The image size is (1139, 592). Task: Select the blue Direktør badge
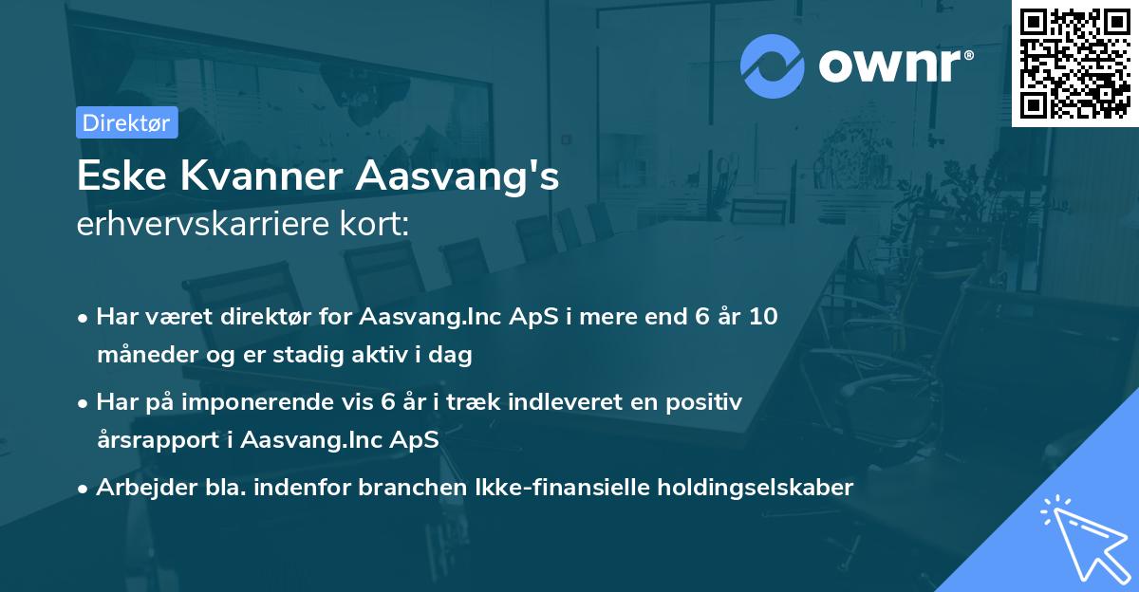pyautogui.click(x=126, y=122)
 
